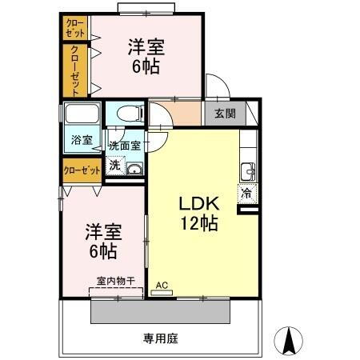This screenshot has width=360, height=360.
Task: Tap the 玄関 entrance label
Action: click(x=225, y=113)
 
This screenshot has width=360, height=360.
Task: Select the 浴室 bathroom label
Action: click(x=81, y=140)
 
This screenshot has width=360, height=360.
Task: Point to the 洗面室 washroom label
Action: click(x=125, y=146)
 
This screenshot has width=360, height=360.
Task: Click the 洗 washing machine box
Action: click(x=114, y=166)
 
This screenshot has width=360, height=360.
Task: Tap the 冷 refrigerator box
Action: click(x=246, y=192)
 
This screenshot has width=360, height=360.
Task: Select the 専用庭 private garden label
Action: click(x=160, y=338)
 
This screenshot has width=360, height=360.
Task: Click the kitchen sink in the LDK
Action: click(x=247, y=171)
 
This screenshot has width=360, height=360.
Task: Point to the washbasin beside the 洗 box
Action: click(x=134, y=169)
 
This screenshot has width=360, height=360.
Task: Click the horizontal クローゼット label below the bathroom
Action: click(x=82, y=170)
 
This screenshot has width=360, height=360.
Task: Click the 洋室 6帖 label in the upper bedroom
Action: click(x=146, y=55)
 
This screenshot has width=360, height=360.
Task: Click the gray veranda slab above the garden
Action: click(x=160, y=310)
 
